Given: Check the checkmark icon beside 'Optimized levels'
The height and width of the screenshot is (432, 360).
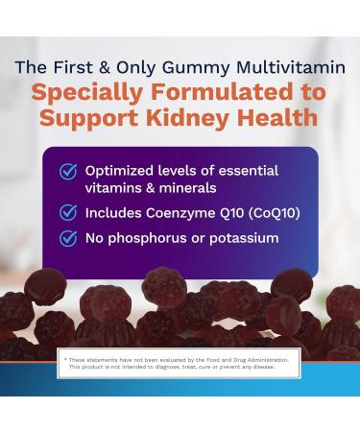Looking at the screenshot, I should pyautogui.click(x=68, y=171).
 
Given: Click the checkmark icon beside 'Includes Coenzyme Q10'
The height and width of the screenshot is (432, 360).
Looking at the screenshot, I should pyautogui.click(x=68, y=212).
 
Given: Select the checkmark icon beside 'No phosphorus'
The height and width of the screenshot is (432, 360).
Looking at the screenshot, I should pyautogui.click(x=68, y=238).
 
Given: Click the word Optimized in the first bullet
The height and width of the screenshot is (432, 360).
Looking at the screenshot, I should pyautogui.click(x=120, y=171).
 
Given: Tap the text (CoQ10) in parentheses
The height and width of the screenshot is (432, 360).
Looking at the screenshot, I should pyautogui.click(x=269, y=212).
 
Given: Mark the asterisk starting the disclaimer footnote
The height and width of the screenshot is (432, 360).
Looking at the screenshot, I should pyautogui.click(x=67, y=358).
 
